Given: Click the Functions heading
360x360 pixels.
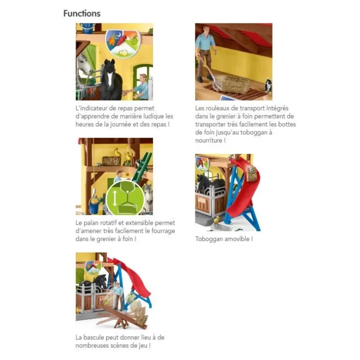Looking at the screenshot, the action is coord(82,13).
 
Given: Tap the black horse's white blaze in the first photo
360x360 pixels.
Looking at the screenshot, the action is coord(109,79).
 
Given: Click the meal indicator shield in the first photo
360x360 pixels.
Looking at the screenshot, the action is coord(122,43).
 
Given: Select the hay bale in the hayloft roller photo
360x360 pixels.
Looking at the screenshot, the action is coord(235,84).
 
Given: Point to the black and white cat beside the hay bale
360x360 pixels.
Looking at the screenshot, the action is coord(268,85).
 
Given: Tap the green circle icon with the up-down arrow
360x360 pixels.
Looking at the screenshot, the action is coord(125,198).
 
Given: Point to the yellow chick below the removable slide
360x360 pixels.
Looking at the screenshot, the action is coord(216,220).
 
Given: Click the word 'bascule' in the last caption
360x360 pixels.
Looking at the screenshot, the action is coord(94,338).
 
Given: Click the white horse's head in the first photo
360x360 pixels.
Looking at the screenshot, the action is coord(84,64).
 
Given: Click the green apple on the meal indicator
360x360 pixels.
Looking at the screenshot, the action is coord(134,41).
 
